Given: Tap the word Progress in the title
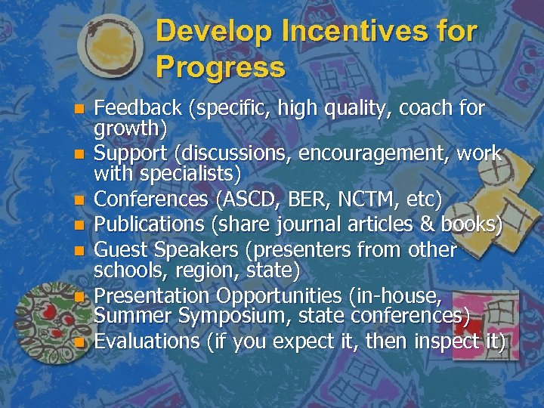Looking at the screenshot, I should [x=221, y=67].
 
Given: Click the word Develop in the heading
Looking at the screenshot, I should [x=214, y=32].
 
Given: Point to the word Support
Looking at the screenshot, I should [x=131, y=153].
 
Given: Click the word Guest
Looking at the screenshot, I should [x=119, y=249].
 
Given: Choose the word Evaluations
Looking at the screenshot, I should [x=147, y=342].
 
